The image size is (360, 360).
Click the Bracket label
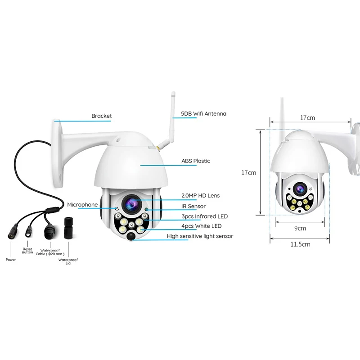tap(101, 116)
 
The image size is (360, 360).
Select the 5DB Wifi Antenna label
tap(203, 114)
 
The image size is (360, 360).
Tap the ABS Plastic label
tap(195, 161)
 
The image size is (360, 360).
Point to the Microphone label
tap(82, 205)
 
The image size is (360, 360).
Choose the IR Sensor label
tap(193, 206)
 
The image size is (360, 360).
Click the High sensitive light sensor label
tap(200, 236)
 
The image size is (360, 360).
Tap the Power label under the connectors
tap(11, 260)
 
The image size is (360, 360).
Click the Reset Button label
tap(28, 251)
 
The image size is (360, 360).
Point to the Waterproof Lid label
tap(68, 261)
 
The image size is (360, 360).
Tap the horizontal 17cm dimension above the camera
tap(307, 117)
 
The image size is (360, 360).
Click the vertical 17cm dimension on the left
tap(248, 172)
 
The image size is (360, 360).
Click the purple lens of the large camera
tap(131, 203)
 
